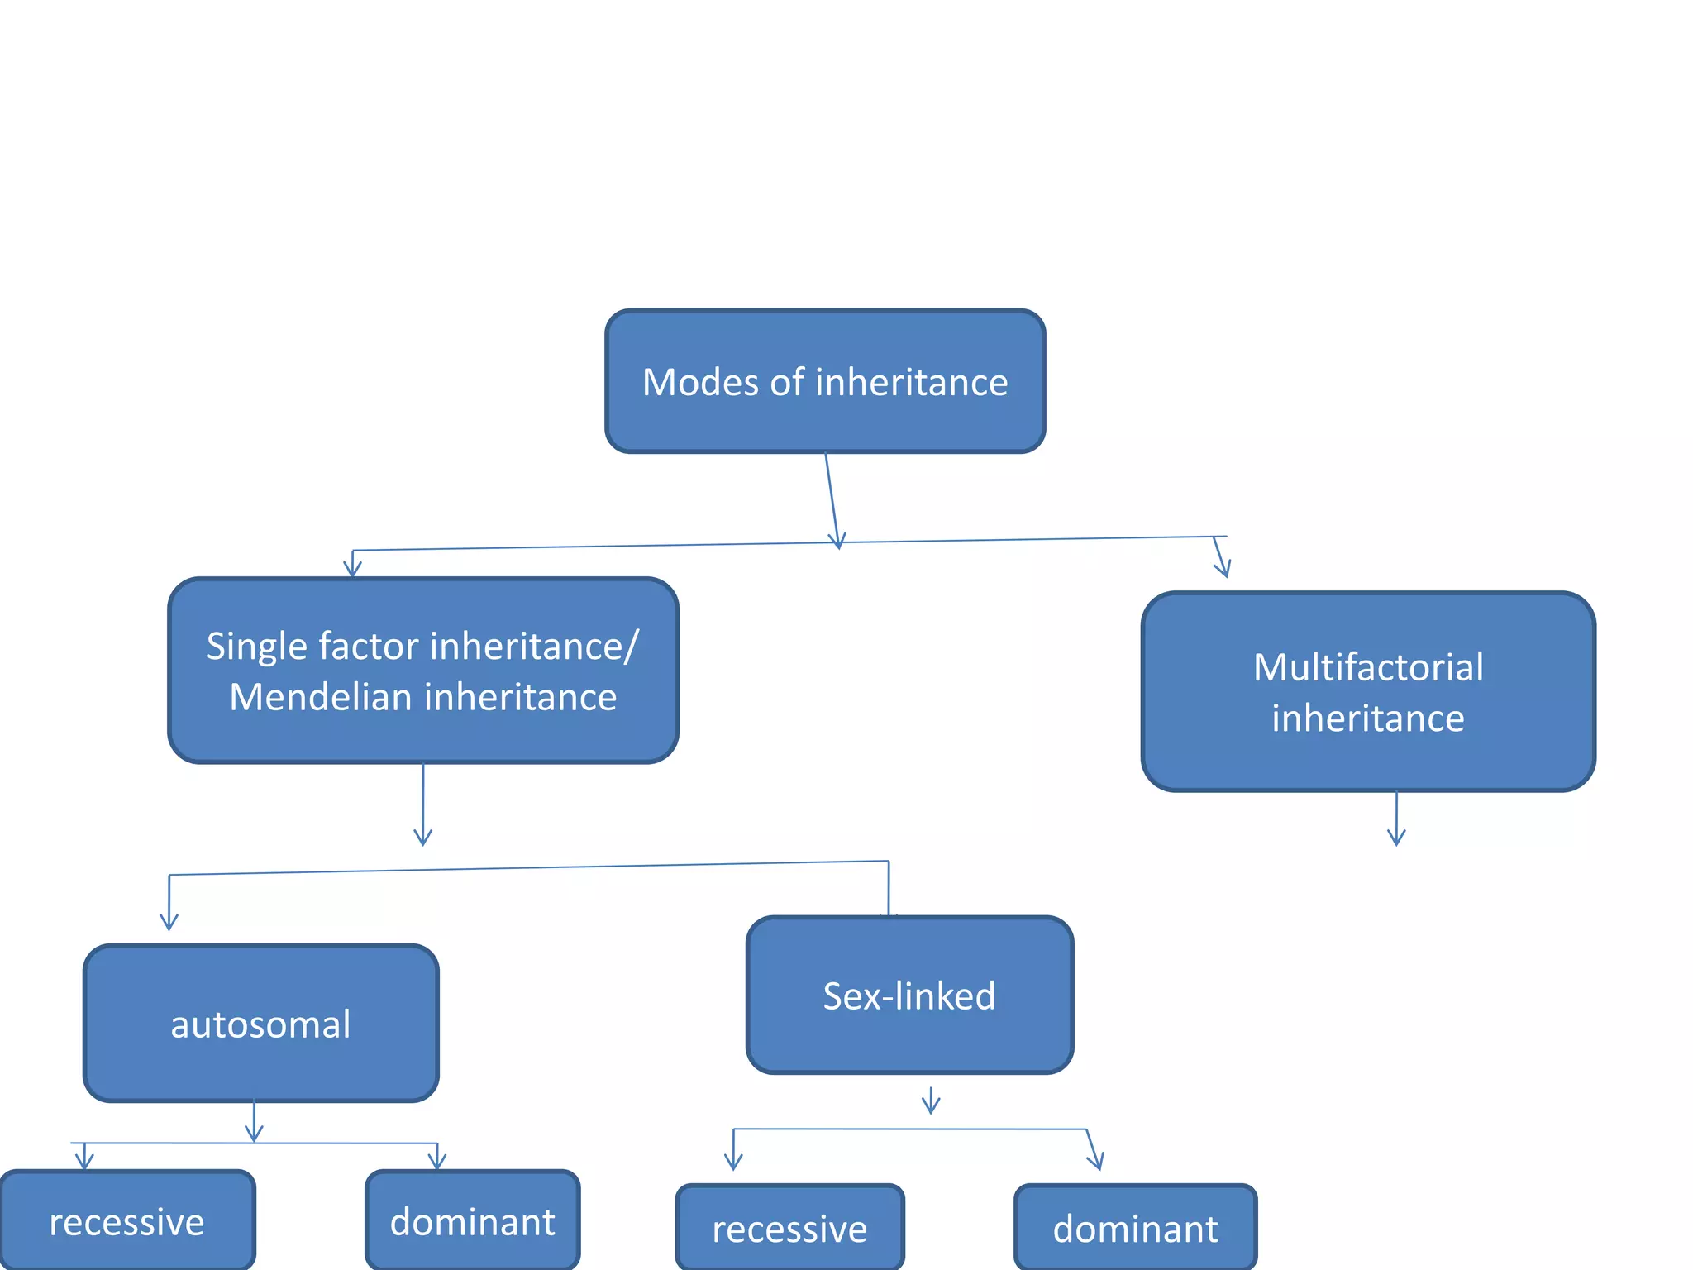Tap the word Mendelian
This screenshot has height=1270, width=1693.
tap(320, 697)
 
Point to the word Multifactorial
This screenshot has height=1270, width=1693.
tap(1368, 667)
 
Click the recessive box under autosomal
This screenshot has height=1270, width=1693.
tap(126, 1221)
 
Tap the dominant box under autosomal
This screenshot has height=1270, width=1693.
tap(472, 1221)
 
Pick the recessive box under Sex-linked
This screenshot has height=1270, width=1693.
tap(789, 1228)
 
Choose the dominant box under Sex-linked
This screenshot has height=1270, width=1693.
tap(1135, 1228)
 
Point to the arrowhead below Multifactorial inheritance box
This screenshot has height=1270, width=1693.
tap(1396, 835)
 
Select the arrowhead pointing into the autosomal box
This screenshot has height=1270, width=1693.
tap(169, 919)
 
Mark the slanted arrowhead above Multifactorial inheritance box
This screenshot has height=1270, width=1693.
tap(1223, 566)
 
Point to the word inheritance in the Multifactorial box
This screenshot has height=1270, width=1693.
tap(1368, 719)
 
